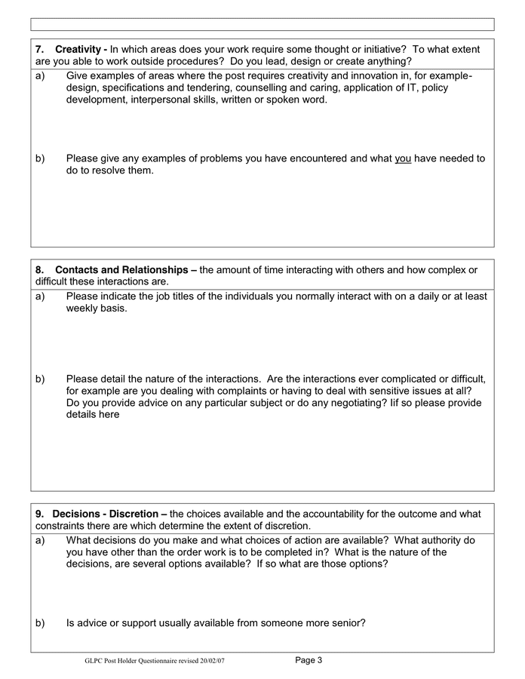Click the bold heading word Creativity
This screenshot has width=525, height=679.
78,49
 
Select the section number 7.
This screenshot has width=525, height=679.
39,49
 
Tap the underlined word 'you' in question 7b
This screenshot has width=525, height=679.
403,158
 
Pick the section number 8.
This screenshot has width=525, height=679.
39,269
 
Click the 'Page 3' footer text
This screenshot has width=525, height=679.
309,660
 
